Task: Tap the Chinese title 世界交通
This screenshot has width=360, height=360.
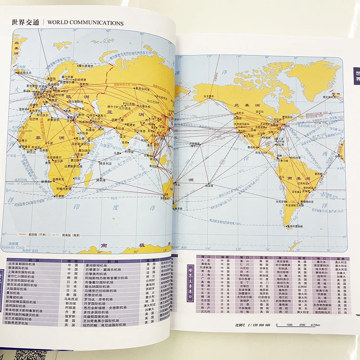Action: click(26, 22)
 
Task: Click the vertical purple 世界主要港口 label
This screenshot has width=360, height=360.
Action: click(189, 274)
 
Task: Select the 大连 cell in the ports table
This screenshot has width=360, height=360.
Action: click(207, 261)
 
